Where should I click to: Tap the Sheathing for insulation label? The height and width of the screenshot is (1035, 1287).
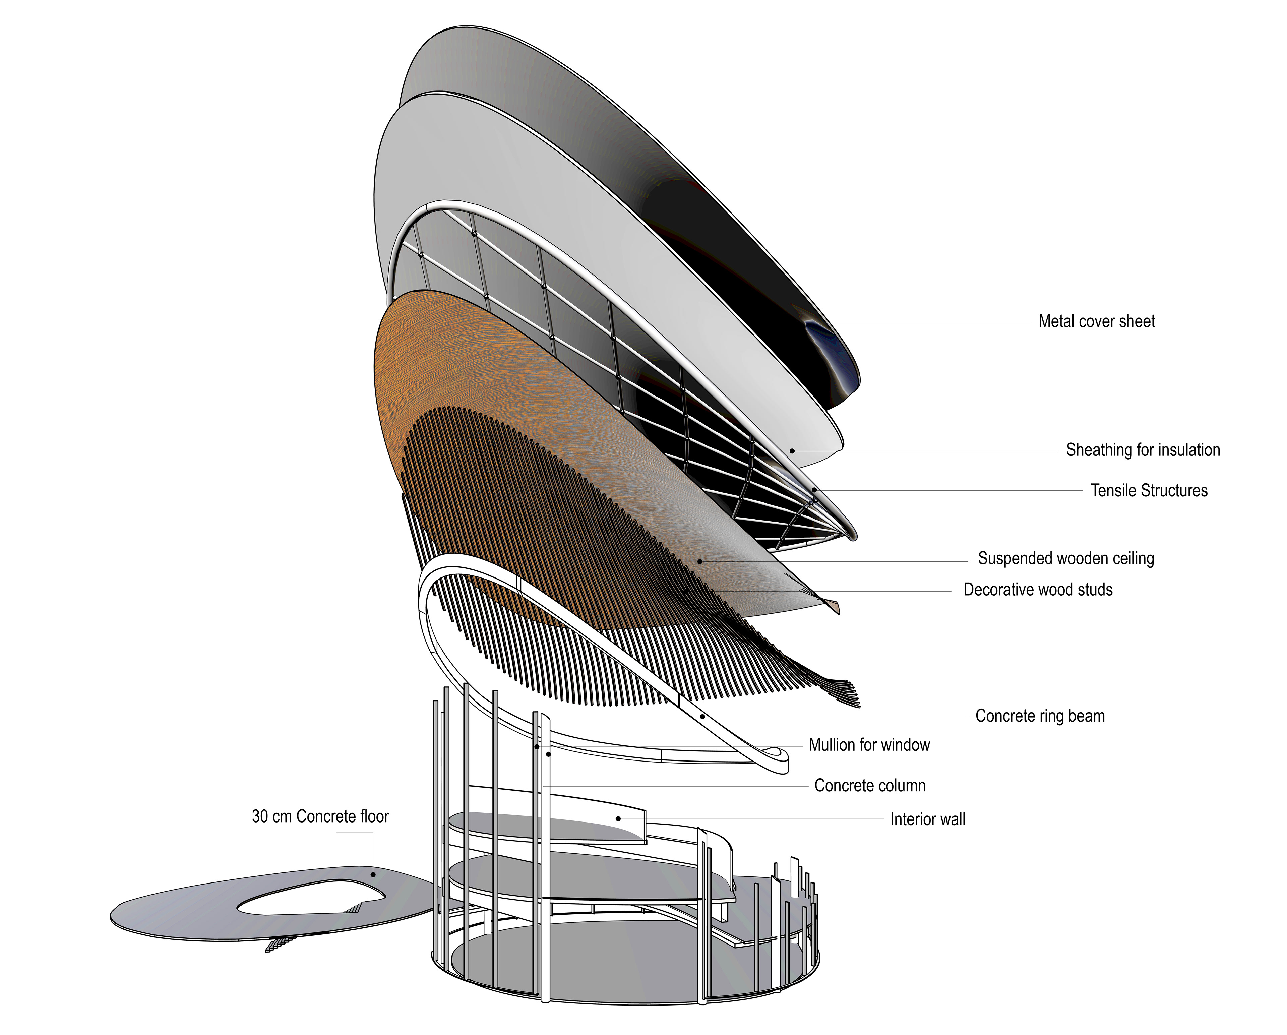coord(1143,450)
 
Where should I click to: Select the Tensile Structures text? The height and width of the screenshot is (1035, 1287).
coord(1149,491)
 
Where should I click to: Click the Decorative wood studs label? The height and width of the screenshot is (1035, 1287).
coord(1038,590)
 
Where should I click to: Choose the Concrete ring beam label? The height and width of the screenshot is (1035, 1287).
coord(1040,716)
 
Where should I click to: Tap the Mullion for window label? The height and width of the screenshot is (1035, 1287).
coord(869,745)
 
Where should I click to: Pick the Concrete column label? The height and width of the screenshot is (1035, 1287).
coord(870,786)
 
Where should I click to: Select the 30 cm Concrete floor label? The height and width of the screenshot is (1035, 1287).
coord(320,816)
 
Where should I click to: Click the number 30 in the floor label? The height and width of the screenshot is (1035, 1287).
coord(260,816)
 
